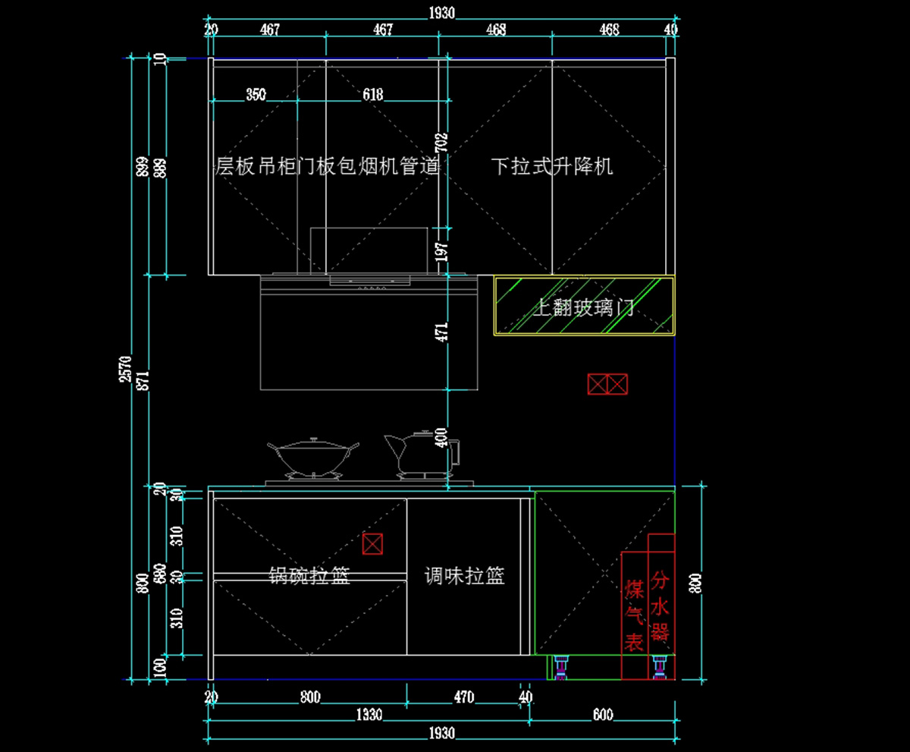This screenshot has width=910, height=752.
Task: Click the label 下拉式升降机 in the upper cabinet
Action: pyautogui.click(x=551, y=166)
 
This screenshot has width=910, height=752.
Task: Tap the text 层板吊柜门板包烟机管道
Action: pyautogui.click(x=328, y=166)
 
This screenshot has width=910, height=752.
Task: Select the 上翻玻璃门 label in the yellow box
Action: pyautogui.click(x=583, y=308)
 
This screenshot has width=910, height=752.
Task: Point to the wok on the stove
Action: pyautogui.click(x=312, y=457)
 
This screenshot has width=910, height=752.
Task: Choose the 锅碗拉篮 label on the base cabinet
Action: pyautogui.click(x=309, y=576)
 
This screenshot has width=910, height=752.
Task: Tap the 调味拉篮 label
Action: pyautogui.click(x=465, y=577)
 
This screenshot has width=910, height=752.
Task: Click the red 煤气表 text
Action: pyautogui.click(x=634, y=615)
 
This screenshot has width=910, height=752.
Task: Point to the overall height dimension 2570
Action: pyautogui.click(x=126, y=369)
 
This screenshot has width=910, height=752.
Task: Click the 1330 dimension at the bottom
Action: pyautogui.click(x=369, y=715)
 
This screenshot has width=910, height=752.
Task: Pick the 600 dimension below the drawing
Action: pyautogui.click(x=603, y=715)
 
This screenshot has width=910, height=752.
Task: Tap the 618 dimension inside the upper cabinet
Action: pyautogui.click(x=372, y=95)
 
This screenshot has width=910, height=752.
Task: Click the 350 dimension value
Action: pyautogui.click(x=256, y=95)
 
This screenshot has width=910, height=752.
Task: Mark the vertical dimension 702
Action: pyautogui.click(x=443, y=141)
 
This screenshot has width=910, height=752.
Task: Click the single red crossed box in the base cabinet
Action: pyautogui.click(x=372, y=543)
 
